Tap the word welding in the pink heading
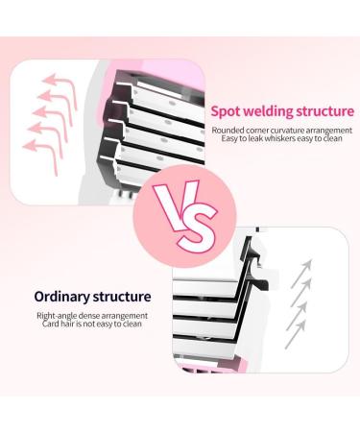coord(268,111)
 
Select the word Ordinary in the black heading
coord(64,297)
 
